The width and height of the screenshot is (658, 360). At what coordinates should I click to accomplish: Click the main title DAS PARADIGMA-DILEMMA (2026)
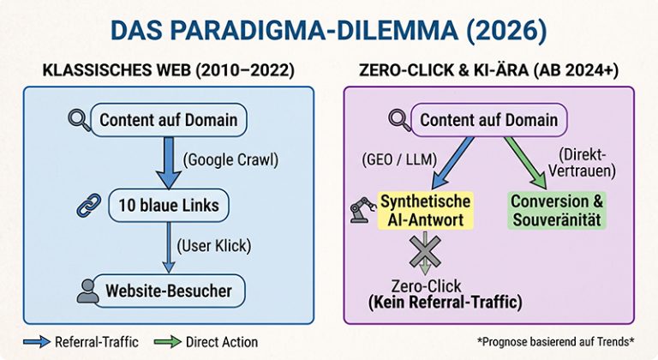(329, 31)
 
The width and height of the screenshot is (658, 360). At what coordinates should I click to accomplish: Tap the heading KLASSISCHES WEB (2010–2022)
(168, 70)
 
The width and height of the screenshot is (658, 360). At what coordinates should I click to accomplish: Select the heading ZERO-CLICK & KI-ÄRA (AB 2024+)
(489, 70)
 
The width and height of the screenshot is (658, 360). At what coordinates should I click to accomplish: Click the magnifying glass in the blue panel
(79, 120)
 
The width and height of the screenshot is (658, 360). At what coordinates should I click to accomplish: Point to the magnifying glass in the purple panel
(399, 120)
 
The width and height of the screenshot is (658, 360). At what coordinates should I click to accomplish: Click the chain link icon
(89, 205)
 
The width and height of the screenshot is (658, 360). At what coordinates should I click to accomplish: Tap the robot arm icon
(362, 210)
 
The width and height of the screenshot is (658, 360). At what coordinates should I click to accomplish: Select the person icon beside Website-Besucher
(87, 291)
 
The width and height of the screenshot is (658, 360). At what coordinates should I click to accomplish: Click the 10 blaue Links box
(169, 205)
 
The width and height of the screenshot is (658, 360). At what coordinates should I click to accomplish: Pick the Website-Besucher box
(169, 291)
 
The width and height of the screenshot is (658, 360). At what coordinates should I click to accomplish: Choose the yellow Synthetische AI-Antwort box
(426, 211)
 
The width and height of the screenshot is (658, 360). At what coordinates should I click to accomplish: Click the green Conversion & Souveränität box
(557, 211)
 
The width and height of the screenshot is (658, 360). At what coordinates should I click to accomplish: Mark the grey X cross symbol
(425, 251)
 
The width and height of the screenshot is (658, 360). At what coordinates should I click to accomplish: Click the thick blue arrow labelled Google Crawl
(169, 163)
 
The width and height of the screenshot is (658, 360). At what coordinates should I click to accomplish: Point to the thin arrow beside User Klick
(169, 248)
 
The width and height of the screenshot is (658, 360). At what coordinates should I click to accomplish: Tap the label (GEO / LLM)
(399, 159)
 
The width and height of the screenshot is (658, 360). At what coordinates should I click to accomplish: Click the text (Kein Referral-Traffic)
(446, 302)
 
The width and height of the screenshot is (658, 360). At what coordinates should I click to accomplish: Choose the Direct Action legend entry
(206, 342)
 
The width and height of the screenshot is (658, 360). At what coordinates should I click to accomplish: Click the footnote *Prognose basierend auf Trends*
(555, 341)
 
